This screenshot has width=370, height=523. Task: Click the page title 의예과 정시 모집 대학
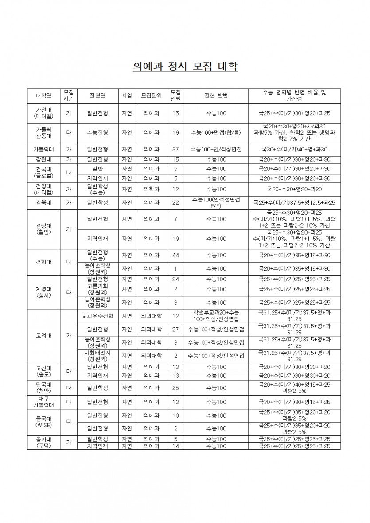point(185,67)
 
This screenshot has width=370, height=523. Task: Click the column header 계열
point(127,96)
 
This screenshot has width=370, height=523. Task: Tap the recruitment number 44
point(175,256)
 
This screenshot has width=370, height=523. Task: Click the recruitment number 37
point(175,149)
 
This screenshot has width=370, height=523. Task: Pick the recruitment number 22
point(175,202)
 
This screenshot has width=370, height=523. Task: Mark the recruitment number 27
point(175,329)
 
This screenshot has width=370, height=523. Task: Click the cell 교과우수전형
point(97,316)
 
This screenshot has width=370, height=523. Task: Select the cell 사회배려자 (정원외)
point(97,355)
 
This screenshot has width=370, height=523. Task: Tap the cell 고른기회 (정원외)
point(97,289)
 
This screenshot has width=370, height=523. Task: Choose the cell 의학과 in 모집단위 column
point(151,190)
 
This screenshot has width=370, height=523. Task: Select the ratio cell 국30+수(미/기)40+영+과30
point(294,149)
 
